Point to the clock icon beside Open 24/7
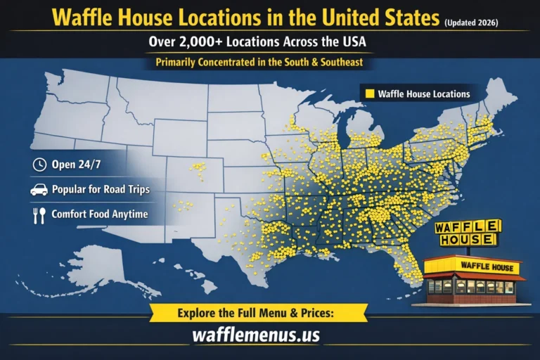[x=39, y=165]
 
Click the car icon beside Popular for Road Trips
[x=39, y=190]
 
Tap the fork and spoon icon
[x=39, y=214]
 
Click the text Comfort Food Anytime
[x=99, y=214]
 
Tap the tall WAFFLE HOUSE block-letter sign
[x=468, y=233]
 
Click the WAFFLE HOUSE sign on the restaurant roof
[x=487, y=266]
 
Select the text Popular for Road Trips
[x=99, y=190]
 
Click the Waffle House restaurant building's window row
[x=470, y=286]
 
